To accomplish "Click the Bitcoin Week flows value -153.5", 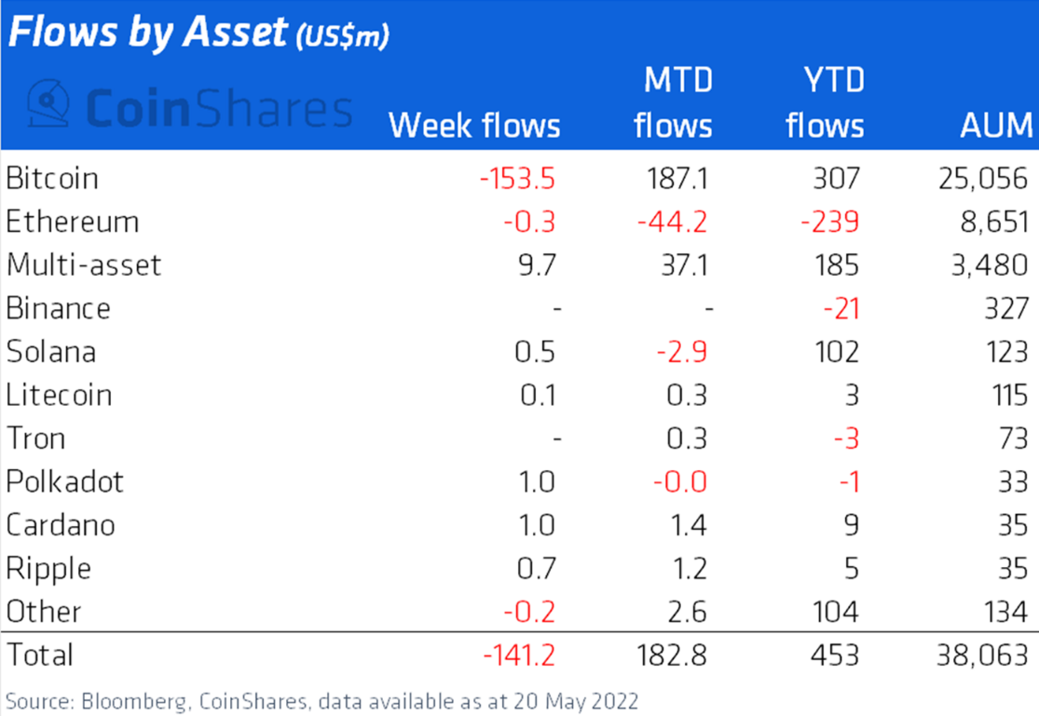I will (x=517, y=178).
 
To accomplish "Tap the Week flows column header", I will (x=474, y=125).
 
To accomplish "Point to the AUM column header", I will (x=996, y=125).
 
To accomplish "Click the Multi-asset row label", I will (x=84, y=264).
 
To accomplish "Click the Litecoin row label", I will (x=59, y=395).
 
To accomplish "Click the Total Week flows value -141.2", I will (x=519, y=655).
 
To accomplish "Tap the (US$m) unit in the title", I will (x=341, y=37).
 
